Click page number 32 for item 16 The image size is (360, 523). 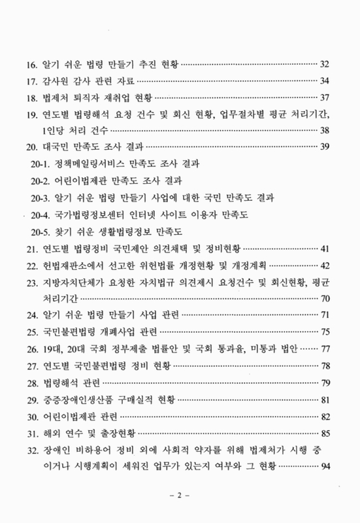pyautogui.click(x=327, y=66)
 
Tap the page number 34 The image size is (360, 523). pyautogui.click(x=327, y=82)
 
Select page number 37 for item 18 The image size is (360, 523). pyautogui.click(x=327, y=99)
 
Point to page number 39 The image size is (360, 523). pyautogui.click(x=327, y=147)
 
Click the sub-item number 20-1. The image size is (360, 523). pyautogui.click(x=43, y=163)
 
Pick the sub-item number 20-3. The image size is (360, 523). pyautogui.click(x=43, y=197)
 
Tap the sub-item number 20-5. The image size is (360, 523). pyautogui.click(x=43, y=231)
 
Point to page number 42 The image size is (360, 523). pyautogui.click(x=327, y=266)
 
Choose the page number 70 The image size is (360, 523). pyautogui.click(x=327, y=298)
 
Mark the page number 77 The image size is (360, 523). pyautogui.click(x=327, y=348)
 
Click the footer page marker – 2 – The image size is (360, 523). pyautogui.click(x=179, y=496)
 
